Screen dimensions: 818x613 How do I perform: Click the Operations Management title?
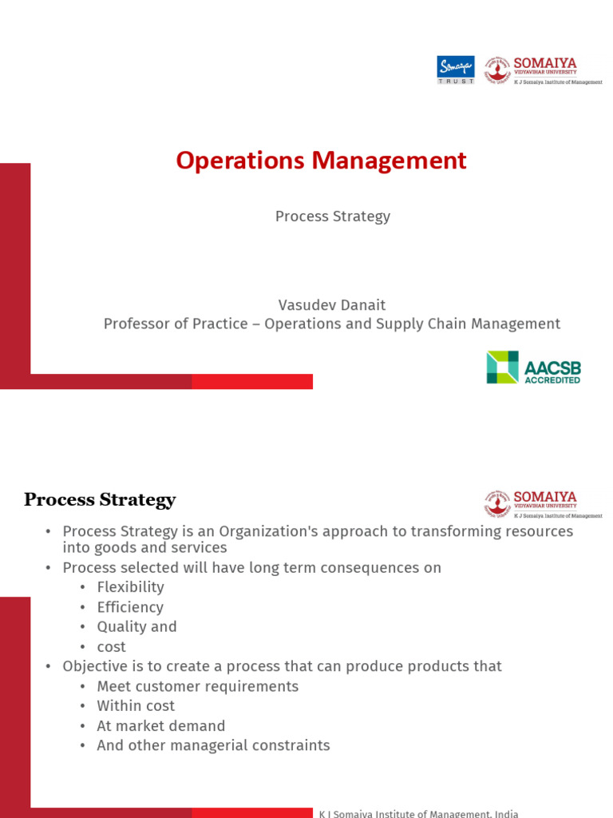tap(321, 161)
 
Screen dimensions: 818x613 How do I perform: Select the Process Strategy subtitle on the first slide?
tap(333, 216)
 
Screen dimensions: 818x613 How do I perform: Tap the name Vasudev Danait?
tap(332, 305)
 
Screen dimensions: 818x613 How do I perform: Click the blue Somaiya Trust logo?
tap(456, 69)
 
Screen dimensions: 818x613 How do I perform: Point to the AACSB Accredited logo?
tap(533, 367)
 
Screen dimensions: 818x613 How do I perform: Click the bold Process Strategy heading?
tap(100, 501)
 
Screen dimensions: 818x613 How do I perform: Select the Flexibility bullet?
tap(130, 587)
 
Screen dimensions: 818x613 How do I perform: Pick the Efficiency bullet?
tap(130, 607)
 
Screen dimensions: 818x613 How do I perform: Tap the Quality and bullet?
tap(136, 627)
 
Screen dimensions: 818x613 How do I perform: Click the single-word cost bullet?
tap(111, 647)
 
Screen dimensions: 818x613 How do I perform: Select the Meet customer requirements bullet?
tap(197, 686)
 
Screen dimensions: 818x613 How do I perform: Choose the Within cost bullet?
tap(136, 706)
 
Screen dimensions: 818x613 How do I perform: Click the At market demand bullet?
tap(160, 726)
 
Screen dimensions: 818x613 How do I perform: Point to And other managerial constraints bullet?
tap(213, 745)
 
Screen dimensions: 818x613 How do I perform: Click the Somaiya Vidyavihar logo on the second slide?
tap(543, 504)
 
